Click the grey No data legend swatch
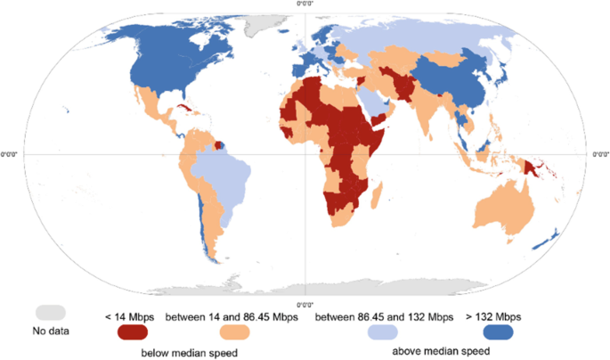tap(51, 313)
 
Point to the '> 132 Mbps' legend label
tap(492, 316)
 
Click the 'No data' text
tap(51, 331)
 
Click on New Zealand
tap(548, 237)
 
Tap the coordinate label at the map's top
tap(305, 4)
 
